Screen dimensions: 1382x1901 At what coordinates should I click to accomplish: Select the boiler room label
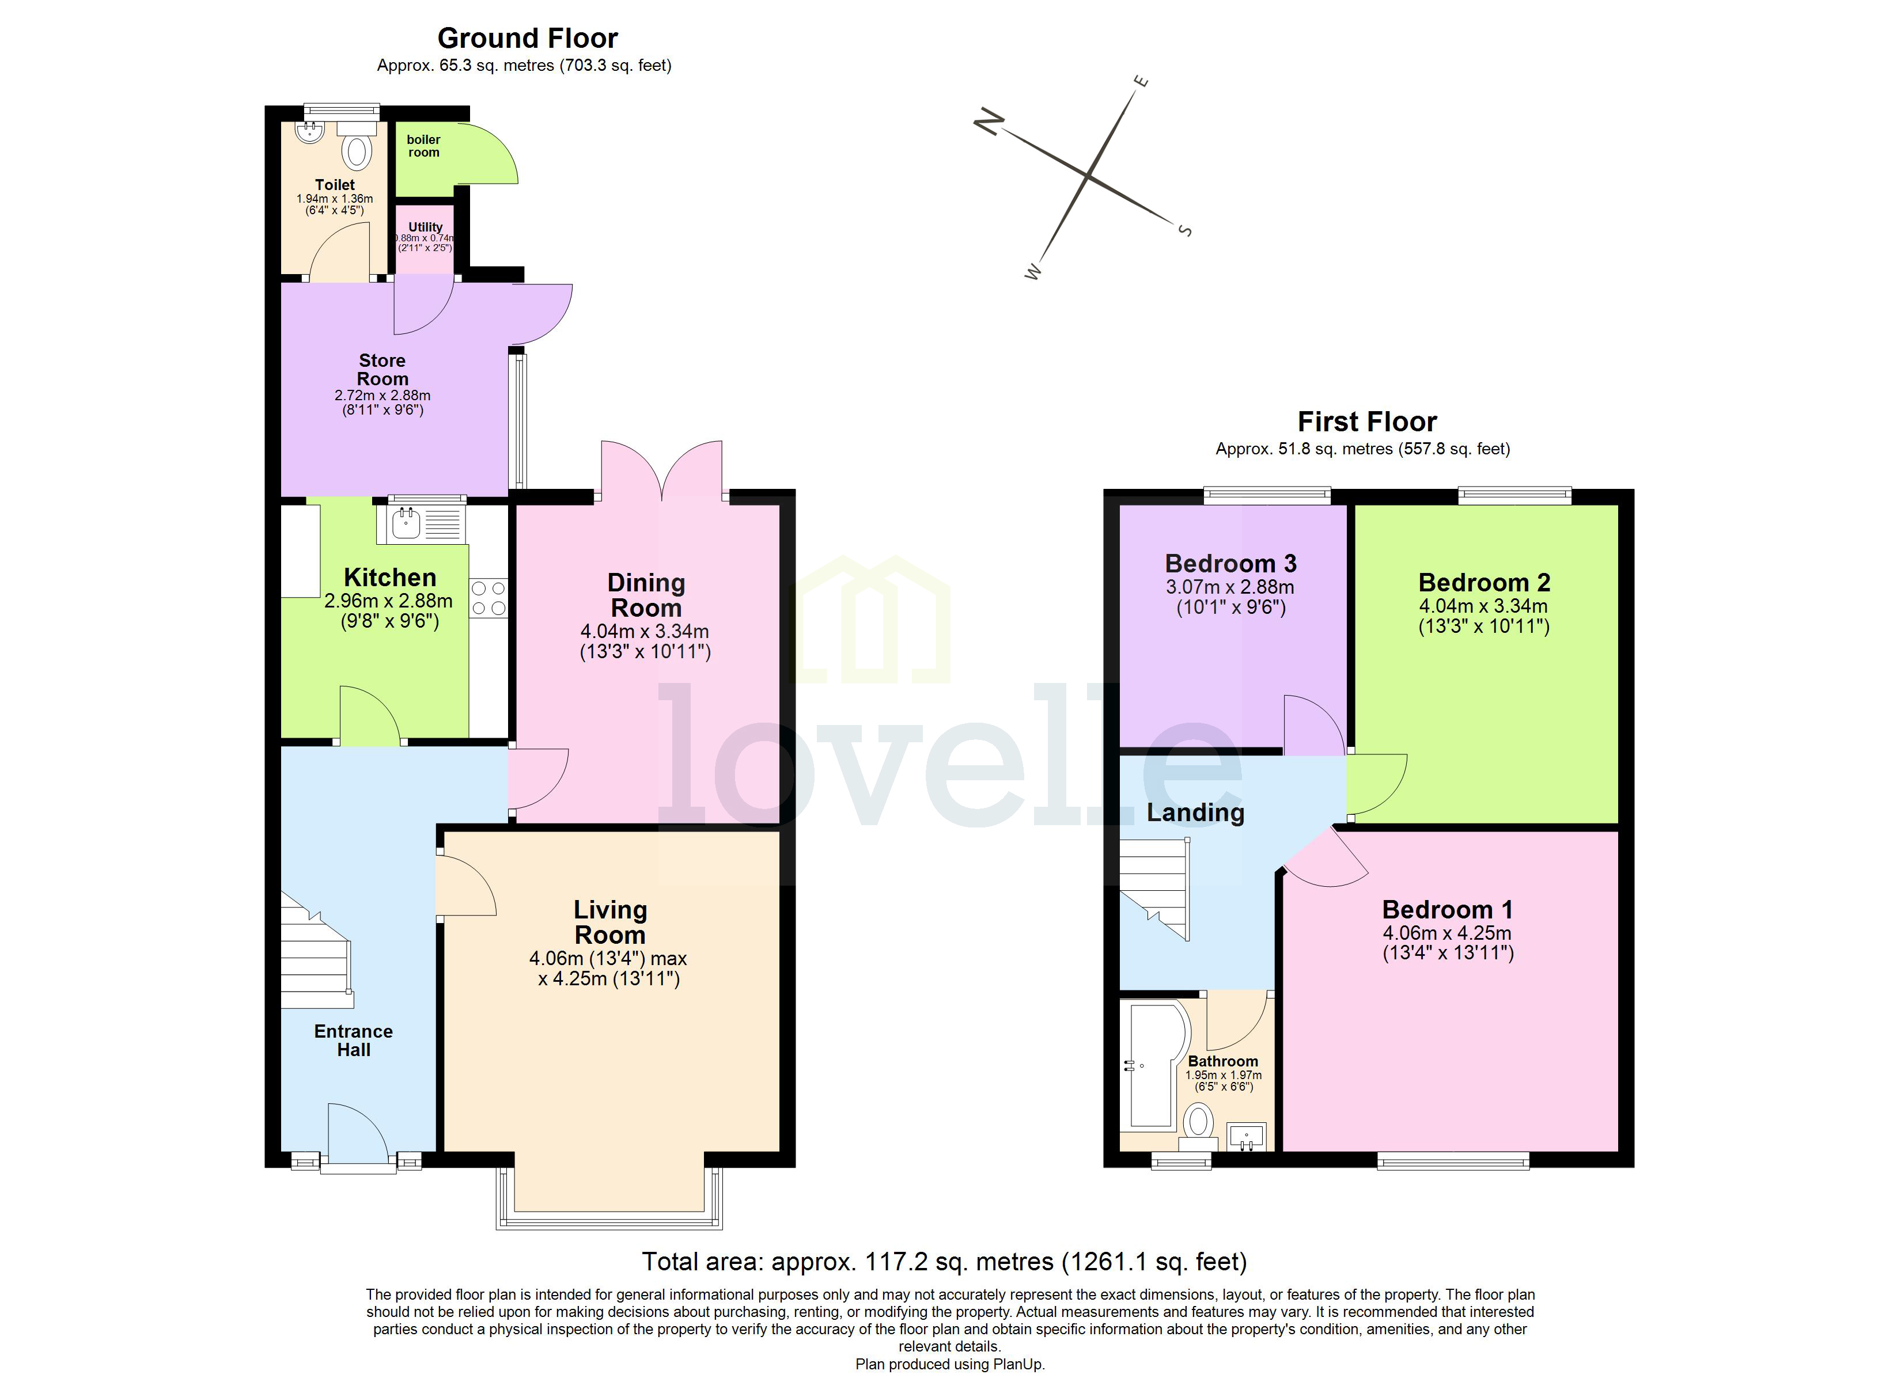click(x=423, y=146)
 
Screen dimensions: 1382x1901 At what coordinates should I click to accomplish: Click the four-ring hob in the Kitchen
click(x=488, y=598)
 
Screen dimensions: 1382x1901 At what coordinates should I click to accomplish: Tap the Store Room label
click(x=382, y=370)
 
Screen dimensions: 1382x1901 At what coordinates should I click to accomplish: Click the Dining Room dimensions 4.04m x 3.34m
click(x=645, y=631)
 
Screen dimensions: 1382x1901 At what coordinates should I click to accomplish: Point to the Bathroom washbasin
click(x=1247, y=1137)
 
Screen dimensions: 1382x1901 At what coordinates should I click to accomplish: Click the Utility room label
click(x=425, y=227)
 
